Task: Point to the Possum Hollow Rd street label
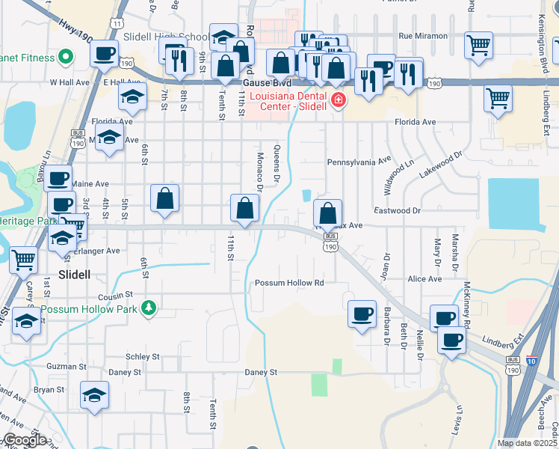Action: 289,283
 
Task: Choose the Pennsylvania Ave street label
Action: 359,161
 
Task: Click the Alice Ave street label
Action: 424,279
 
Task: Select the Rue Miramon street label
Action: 423,36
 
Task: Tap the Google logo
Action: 25,439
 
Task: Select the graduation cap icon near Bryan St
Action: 95,395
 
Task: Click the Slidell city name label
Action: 74,275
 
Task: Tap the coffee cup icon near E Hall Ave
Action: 105,52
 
